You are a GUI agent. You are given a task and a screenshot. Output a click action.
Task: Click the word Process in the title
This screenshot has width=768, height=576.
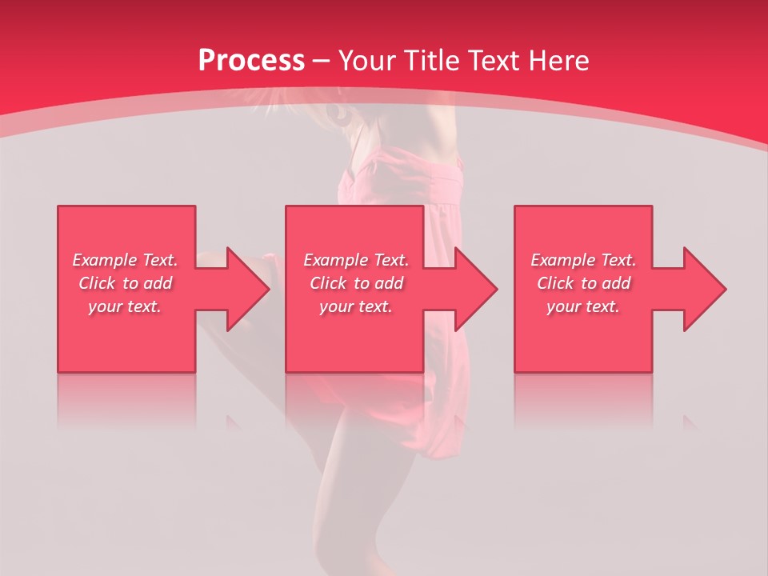pos(251,61)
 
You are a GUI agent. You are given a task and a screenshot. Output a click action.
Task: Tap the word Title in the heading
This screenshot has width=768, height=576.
pos(431,61)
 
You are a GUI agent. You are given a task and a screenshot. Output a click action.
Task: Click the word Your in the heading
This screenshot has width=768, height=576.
pos(369,61)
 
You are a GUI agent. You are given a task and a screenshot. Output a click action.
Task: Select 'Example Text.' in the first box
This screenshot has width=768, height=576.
pos(126,260)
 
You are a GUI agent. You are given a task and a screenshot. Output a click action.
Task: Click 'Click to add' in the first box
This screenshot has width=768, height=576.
pos(126,283)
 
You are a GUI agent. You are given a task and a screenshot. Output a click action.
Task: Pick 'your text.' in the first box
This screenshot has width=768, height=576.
pos(126,306)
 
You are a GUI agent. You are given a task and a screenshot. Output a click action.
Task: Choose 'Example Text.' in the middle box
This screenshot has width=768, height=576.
pos(356,260)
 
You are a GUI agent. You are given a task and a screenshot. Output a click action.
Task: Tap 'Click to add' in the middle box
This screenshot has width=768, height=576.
pos(356,283)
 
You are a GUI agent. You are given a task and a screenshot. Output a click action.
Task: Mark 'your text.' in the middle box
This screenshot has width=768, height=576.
pos(356,306)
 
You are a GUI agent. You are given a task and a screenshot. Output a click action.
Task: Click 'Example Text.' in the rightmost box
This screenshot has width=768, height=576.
pos(583,260)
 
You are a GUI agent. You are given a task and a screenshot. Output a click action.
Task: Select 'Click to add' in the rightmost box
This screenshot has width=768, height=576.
pos(583,283)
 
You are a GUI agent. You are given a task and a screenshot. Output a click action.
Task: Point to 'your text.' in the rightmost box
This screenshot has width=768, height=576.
pos(583,306)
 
